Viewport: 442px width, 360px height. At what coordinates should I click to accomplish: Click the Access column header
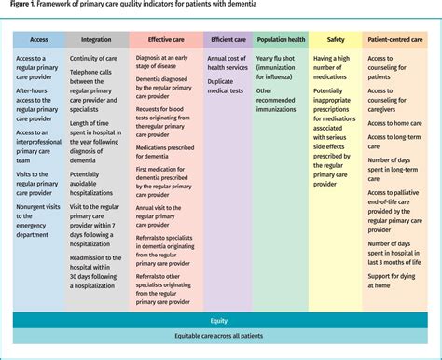pos(39,40)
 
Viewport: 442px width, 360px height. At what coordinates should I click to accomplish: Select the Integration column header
pos(96,40)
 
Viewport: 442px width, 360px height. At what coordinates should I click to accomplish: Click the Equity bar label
pos(220,320)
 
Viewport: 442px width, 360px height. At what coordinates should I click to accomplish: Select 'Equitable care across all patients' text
pos(220,338)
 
